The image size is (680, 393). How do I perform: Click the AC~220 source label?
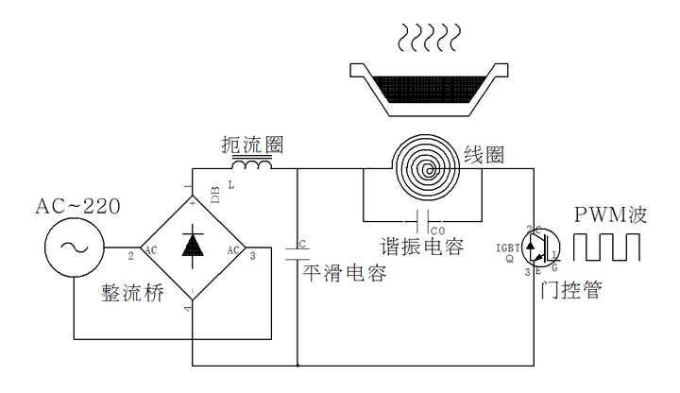click(77, 207)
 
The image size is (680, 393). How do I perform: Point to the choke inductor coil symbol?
click(252, 166)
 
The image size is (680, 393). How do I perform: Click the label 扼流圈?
click(251, 145)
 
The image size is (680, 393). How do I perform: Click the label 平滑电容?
click(345, 274)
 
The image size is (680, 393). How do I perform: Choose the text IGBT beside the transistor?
click(510, 247)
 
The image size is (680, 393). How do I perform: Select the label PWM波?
click(611, 214)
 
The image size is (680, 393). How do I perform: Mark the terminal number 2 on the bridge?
click(131, 255)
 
